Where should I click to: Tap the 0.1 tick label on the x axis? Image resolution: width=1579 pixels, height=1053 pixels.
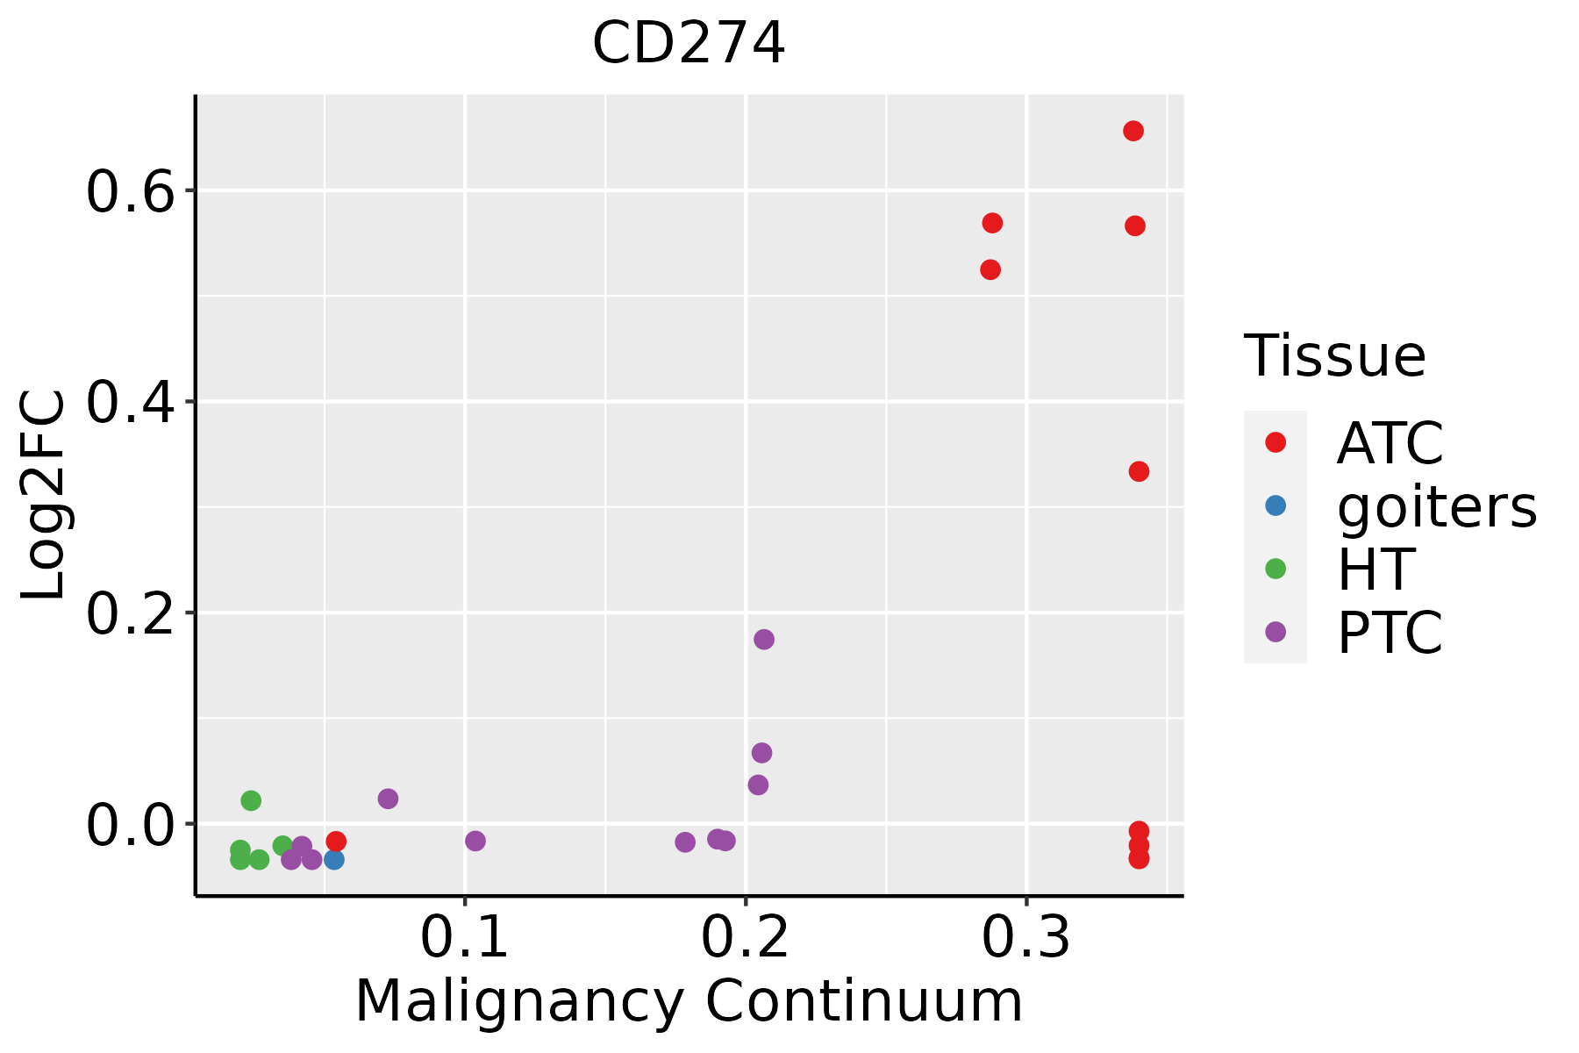[465, 938]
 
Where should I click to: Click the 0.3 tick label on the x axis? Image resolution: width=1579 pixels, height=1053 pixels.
[1026, 938]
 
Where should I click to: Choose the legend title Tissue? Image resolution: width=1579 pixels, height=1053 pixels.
[1335, 356]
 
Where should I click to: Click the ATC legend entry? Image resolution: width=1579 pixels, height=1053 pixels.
[1390, 443]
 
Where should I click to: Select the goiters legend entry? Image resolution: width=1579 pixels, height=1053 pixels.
[1437, 506]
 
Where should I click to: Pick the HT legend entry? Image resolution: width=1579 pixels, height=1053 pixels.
[1375, 569]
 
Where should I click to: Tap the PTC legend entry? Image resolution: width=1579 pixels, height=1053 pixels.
[1390, 633]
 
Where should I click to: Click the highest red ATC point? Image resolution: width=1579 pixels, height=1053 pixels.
[1133, 132]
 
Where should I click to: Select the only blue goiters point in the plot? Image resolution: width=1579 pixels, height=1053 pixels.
[334, 859]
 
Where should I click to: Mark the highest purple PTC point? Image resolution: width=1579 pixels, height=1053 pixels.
[764, 640]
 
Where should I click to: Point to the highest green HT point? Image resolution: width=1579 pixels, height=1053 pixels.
[251, 800]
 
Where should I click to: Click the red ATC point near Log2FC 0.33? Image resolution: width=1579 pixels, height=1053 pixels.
[1139, 472]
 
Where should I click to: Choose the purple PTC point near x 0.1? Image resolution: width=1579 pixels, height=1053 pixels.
[475, 842]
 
